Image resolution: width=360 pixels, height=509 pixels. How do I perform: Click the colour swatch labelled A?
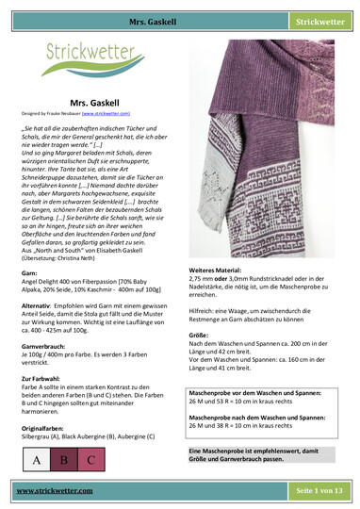coord(37,460)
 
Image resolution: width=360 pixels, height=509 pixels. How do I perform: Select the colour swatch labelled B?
coord(64,460)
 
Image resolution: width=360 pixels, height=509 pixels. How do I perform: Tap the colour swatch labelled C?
coord(91,460)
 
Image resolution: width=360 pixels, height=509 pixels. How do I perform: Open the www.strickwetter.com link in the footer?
coord(55,491)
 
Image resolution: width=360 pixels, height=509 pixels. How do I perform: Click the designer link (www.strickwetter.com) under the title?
coord(125,112)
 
